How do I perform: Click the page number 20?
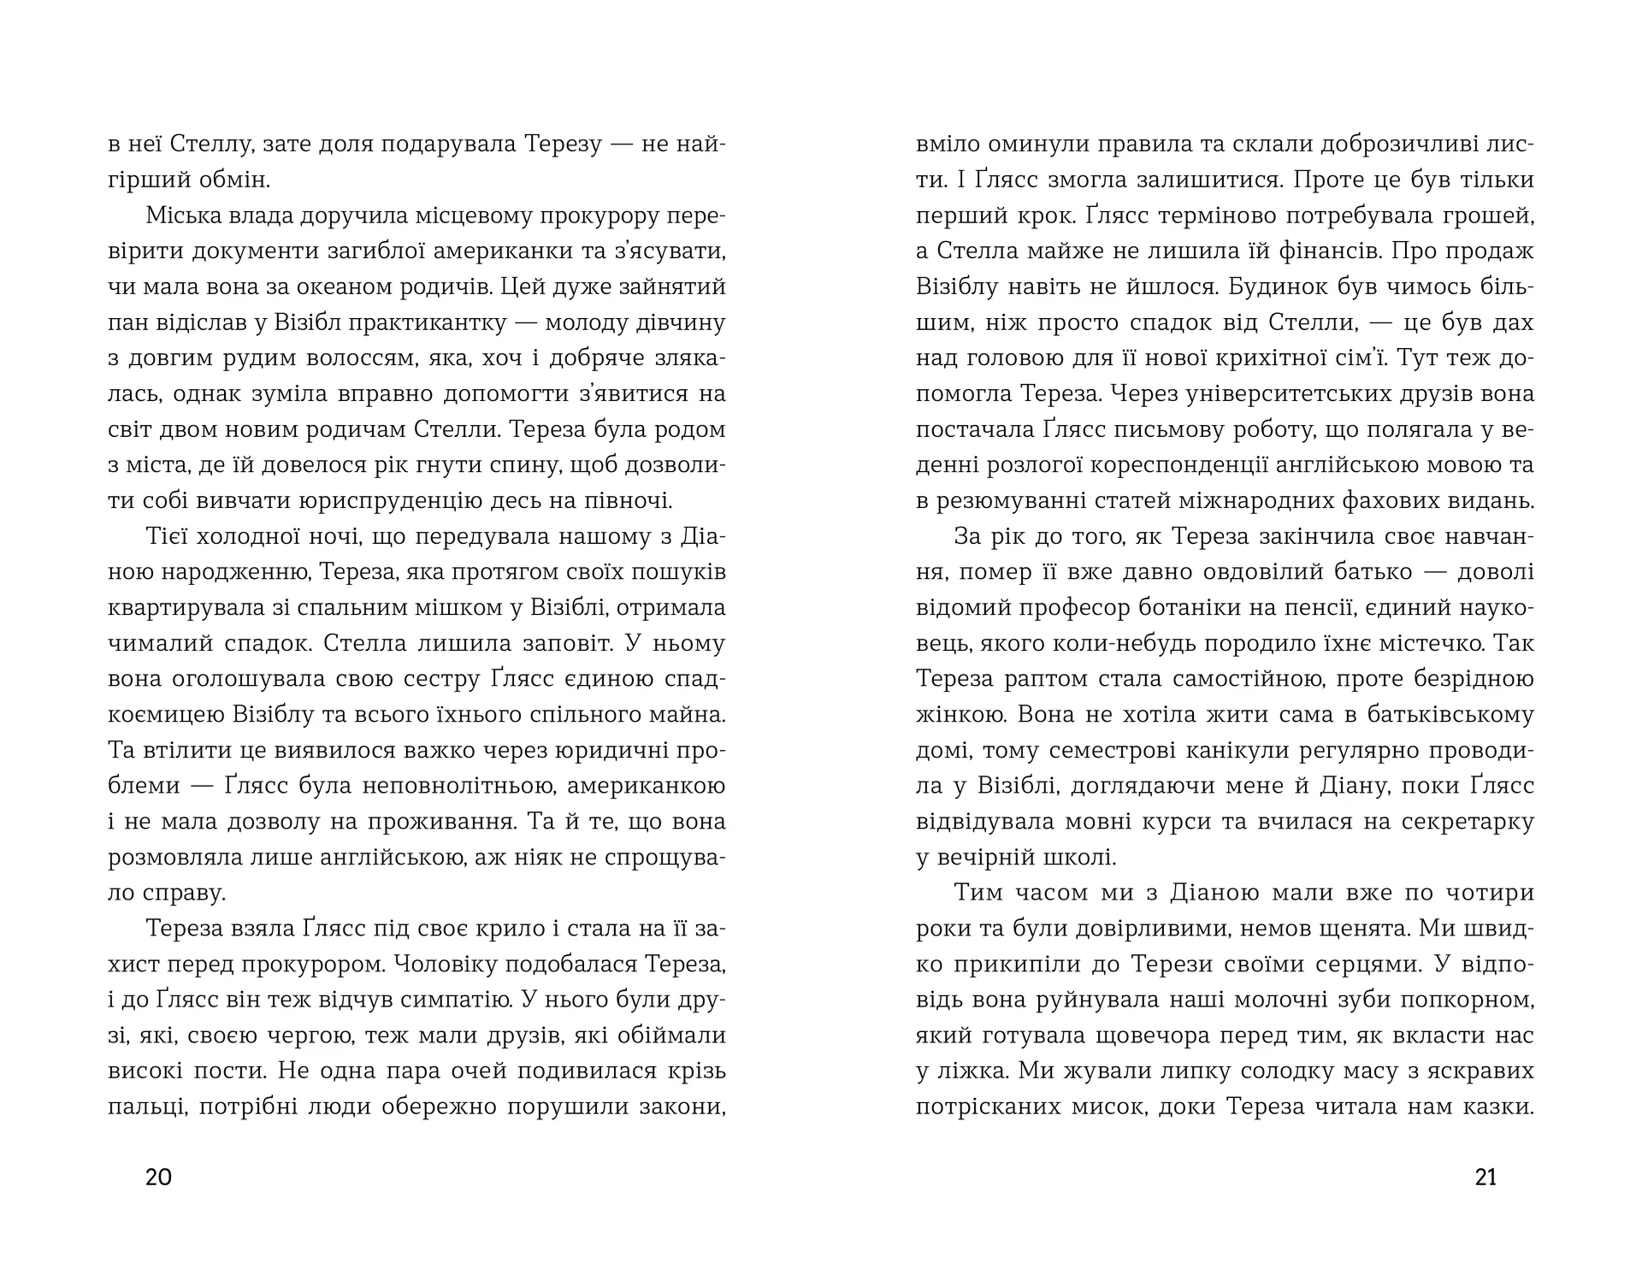coord(159,1177)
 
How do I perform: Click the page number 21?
coord(1486,1177)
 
